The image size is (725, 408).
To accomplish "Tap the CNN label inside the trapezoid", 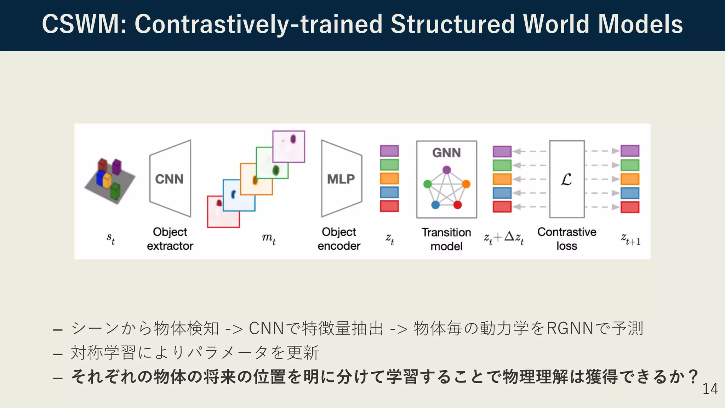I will pyautogui.click(x=169, y=179).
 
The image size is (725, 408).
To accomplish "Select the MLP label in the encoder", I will pyautogui.click(x=341, y=179).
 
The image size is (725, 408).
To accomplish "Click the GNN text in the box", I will pyautogui.click(x=446, y=153).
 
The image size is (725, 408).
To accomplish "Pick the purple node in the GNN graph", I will pyautogui.click(x=447, y=170).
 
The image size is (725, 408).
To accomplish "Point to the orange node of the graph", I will pyautogui.click(x=466, y=184).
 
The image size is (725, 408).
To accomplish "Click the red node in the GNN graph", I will pyautogui.click(x=458, y=205).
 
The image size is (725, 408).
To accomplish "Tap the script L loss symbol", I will pyautogui.click(x=566, y=180).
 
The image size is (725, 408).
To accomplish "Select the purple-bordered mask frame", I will pyautogui.click(x=289, y=146).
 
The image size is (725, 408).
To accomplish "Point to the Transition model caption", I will pyautogui.click(x=446, y=239).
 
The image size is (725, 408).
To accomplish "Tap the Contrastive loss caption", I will pyautogui.click(x=567, y=239).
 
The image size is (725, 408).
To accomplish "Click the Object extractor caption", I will pyautogui.click(x=170, y=239).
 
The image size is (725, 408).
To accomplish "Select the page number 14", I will pyautogui.click(x=710, y=389).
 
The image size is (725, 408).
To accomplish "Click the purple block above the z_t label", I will pyautogui.click(x=389, y=151).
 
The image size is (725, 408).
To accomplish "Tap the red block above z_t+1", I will pyautogui.click(x=630, y=207).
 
